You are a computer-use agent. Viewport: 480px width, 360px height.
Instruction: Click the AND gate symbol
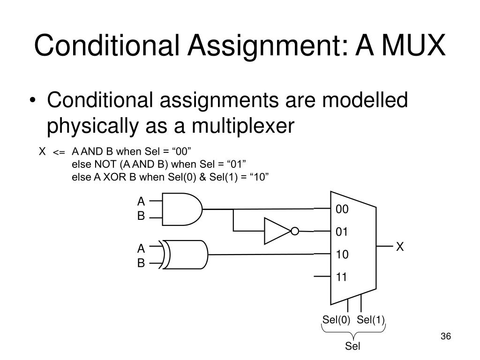pos(182,209)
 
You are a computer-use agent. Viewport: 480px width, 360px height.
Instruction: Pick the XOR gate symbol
pos(186,255)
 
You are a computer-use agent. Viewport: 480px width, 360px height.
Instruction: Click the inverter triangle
pos(277,231)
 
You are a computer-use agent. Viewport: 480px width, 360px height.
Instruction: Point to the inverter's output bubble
pos(294,231)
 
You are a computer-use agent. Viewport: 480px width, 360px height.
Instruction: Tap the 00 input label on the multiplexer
pos(342,210)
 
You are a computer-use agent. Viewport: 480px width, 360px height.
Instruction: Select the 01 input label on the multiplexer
pos(342,232)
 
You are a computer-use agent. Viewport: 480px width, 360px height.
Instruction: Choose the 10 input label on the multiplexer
pos(342,255)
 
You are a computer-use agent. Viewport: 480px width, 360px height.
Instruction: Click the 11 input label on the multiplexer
pos(342,277)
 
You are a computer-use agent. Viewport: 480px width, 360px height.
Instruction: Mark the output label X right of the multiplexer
pos(400,247)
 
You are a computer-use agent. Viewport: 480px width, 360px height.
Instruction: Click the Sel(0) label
pos(336,320)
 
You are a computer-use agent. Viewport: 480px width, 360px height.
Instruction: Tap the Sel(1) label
pos(370,320)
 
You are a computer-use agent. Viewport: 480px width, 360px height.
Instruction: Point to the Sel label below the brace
pos(353,346)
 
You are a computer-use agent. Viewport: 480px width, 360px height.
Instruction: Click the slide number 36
pos(445,337)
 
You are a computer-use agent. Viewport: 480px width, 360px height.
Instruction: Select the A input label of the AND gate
pos(141,202)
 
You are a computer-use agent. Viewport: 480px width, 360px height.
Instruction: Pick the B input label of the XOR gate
pos(141,263)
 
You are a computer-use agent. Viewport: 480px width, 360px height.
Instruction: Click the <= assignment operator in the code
pos(59,153)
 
